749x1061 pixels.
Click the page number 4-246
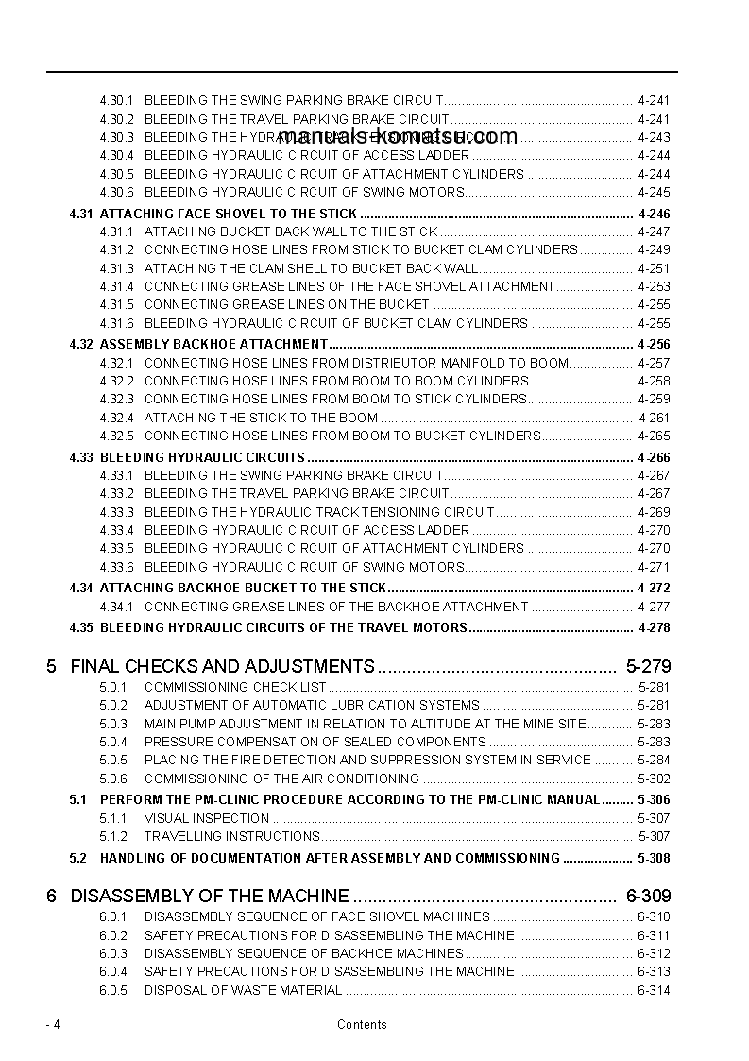[654, 214]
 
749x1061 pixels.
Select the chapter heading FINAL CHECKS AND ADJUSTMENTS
[222, 666]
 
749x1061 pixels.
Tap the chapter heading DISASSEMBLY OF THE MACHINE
[210, 896]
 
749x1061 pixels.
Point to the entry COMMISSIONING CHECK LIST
[235, 687]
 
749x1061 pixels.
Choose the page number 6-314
[654, 990]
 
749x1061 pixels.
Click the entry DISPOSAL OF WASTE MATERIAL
[243, 990]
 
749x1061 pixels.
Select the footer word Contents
[362, 1024]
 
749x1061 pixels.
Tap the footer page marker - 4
[53, 1024]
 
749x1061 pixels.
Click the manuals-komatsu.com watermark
[398, 136]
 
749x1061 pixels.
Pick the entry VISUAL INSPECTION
[206, 818]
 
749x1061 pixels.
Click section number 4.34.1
[116, 607]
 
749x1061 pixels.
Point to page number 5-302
[654, 779]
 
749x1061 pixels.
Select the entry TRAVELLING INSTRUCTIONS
[231, 836]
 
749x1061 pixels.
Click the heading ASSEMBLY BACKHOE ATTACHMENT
[213, 344]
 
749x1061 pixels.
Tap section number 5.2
[77, 858]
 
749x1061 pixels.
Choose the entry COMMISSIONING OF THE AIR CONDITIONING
[281, 779]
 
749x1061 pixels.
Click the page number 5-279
[648, 666]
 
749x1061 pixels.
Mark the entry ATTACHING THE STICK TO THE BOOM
[261, 418]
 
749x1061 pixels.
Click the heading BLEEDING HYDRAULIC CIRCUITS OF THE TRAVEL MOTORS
[283, 627]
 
